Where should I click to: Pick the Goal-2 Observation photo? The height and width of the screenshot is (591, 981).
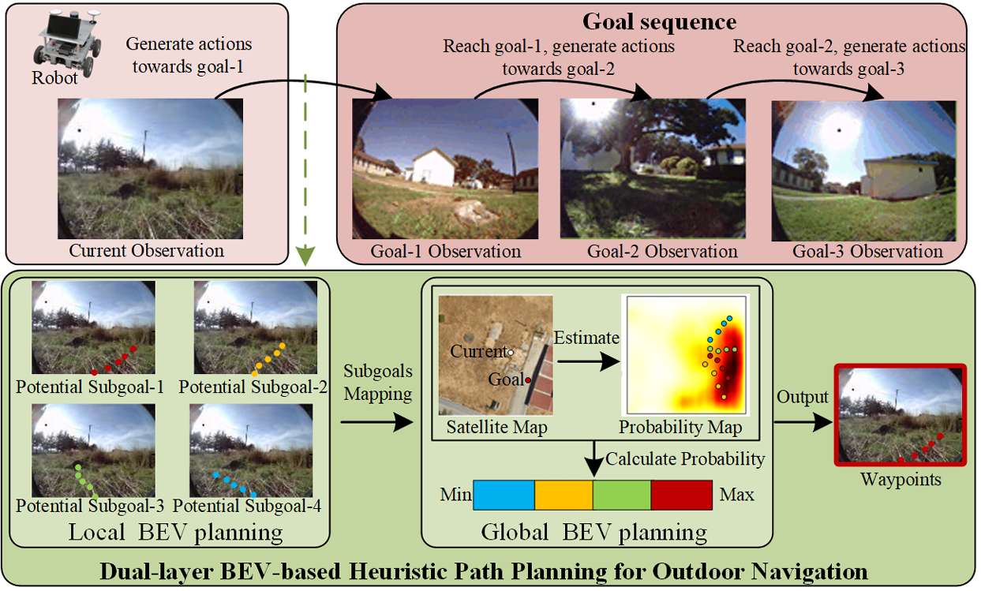coord(653,168)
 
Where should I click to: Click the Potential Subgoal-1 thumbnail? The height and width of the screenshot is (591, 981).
coord(93,328)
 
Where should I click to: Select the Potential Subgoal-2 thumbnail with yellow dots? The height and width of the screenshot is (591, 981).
coord(255,328)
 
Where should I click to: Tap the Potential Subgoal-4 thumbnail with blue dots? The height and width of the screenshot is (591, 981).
coord(255,451)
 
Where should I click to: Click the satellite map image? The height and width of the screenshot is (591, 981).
coord(496,356)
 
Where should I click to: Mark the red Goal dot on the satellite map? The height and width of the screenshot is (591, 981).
coord(527,380)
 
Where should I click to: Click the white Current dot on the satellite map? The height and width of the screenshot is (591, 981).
coord(511,351)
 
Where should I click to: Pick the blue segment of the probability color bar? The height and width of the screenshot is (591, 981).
coord(504,495)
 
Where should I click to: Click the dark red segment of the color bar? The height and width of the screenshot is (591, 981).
coord(681,495)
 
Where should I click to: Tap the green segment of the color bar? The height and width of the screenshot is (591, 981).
coord(622,495)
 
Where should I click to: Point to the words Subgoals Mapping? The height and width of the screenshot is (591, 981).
coord(377,383)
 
